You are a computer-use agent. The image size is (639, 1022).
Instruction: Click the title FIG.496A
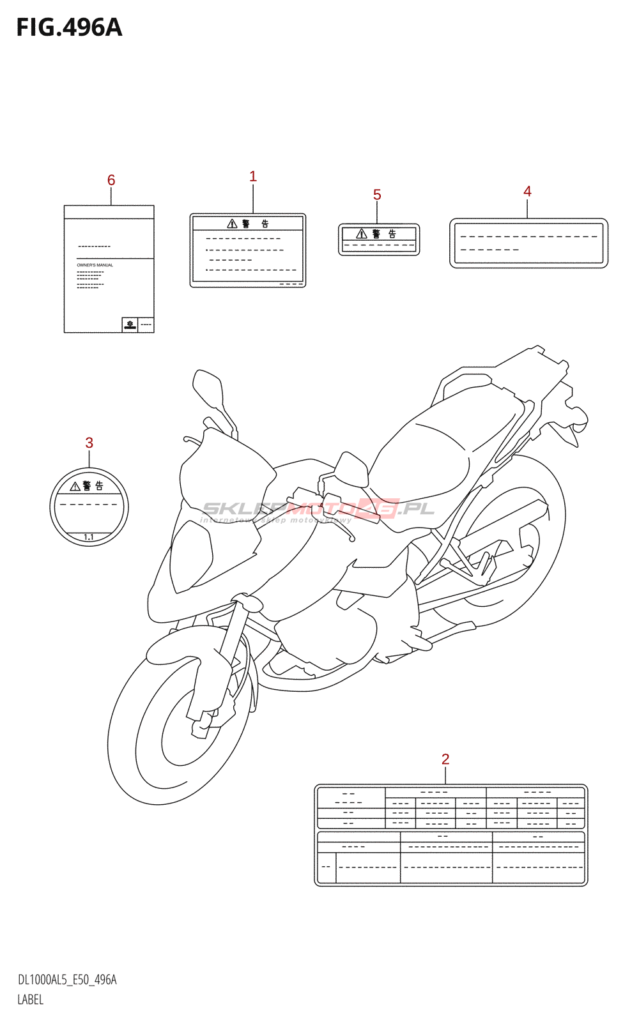[69, 28]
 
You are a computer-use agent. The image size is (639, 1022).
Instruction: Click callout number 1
[253, 176]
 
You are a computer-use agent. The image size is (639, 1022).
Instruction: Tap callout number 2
[445, 759]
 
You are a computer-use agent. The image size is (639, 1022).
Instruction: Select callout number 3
[89, 443]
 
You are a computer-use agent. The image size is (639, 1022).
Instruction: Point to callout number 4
[527, 191]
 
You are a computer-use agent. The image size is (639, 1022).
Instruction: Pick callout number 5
[377, 195]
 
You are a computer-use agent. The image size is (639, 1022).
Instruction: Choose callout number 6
[111, 180]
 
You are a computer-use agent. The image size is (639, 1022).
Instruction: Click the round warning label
[89, 507]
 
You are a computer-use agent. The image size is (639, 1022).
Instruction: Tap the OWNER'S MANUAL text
[95, 265]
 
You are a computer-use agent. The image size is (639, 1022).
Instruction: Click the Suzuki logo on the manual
[130, 324]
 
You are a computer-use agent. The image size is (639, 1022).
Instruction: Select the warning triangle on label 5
[362, 234]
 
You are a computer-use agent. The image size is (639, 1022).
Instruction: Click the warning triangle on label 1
[233, 224]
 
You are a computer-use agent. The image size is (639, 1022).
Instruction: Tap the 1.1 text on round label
[89, 537]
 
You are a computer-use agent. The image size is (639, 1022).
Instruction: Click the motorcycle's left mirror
[208, 386]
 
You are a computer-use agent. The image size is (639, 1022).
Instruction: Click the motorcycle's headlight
[192, 556]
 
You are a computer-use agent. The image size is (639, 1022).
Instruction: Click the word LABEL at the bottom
[31, 1000]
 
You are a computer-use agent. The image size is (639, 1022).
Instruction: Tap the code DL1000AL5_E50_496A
[67, 980]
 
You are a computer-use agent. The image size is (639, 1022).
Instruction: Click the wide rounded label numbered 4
[528, 243]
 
